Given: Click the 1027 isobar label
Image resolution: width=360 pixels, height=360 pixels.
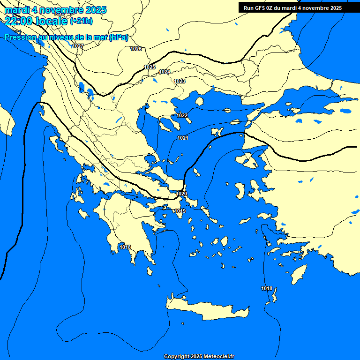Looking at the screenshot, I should (x=78, y=46).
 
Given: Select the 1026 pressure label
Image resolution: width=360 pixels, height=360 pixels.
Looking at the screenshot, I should (x=136, y=49).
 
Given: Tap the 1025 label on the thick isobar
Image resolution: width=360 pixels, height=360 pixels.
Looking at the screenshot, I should (x=150, y=67).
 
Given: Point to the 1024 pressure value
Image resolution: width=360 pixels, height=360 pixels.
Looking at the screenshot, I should (x=165, y=72).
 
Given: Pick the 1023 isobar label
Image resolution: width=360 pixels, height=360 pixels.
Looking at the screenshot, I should (x=180, y=81).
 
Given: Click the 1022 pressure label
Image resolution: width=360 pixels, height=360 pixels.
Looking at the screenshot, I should (x=182, y=115).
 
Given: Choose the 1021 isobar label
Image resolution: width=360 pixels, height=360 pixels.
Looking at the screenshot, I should (x=183, y=138).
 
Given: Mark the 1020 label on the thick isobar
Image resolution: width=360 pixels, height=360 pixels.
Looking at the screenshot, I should (x=181, y=194).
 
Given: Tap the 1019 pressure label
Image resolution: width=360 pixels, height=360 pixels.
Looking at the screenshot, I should (x=180, y=211).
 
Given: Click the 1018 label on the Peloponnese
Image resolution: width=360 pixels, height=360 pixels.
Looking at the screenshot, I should (x=125, y=247).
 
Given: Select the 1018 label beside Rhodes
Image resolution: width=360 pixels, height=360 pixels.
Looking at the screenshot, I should (x=267, y=288).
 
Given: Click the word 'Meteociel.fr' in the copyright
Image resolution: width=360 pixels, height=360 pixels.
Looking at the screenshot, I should (x=219, y=357).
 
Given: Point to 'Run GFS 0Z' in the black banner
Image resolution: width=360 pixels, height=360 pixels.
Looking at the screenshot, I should (x=259, y=8).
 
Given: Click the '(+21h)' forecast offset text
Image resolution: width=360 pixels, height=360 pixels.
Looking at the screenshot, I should (x=81, y=21).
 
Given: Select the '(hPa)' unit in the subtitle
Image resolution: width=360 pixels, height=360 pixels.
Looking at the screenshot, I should (x=118, y=37).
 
